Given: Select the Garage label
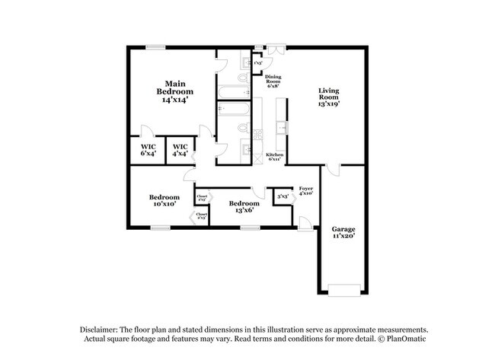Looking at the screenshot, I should coord(343,233).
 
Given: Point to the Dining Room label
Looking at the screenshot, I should coord(273,81).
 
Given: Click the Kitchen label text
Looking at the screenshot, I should coord(275,157).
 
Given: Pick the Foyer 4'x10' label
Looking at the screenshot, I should coord(306,190).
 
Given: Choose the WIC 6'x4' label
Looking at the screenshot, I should coord(148,149).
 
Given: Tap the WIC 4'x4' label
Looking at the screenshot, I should coord(180,149).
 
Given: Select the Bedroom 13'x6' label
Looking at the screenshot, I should coord(244,207).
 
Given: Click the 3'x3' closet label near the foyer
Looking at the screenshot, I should coord(283,196).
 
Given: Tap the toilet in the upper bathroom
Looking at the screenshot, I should coord(243,78).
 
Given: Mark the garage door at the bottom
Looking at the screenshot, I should coord(343,289).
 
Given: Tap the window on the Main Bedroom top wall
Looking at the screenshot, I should coord(156,48).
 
